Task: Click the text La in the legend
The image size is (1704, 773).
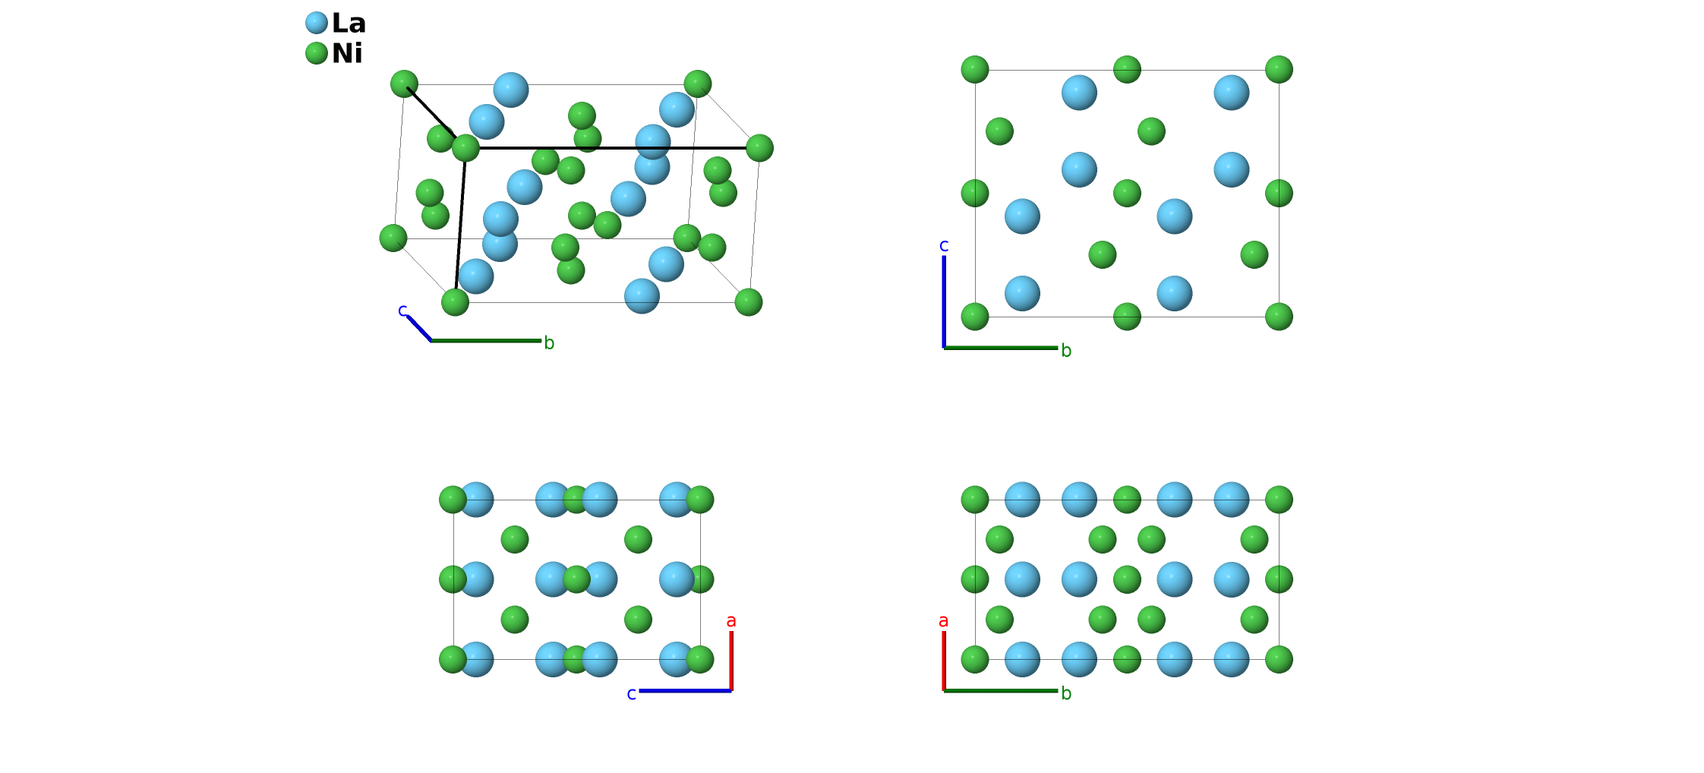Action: pyautogui.click(x=349, y=24)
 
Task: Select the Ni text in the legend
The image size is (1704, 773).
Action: pyautogui.click(x=347, y=54)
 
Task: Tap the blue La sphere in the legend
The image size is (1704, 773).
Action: pyautogui.click(x=317, y=23)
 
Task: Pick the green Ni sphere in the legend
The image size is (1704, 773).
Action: pyautogui.click(x=317, y=53)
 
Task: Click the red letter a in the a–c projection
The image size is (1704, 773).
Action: pyautogui.click(x=731, y=621)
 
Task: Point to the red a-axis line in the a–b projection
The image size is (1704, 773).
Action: pyautogui.click(x=944, y=661)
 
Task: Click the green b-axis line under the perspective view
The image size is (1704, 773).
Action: pyautogui.click(x=486, y=341)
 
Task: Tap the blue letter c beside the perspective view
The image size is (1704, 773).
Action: pyautogui.click(x=402, y=310)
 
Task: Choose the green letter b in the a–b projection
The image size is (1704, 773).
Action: pyautogui.click(x=1066, y=693)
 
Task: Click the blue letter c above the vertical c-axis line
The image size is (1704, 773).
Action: pyautogui.click(x=944, y=245)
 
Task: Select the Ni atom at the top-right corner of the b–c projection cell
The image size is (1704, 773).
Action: pyautogui.click(x=1279, y=69)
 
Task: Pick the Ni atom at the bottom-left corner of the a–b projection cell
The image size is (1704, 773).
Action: pyautogui.click(x=975, y=659)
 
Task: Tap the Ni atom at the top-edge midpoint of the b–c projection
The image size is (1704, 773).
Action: pyautogui.click(x=1127, y=69)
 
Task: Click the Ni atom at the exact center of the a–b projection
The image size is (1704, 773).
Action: pyautogui.click(x=1127, y=579)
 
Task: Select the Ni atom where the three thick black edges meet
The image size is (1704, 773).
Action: pyautogui.click(x=465, y=147)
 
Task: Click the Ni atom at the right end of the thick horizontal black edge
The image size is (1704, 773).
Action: pyautogui.click(x=759, y=147)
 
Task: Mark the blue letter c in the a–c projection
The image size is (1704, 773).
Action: pyautogui.click(x=631, y=694)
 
